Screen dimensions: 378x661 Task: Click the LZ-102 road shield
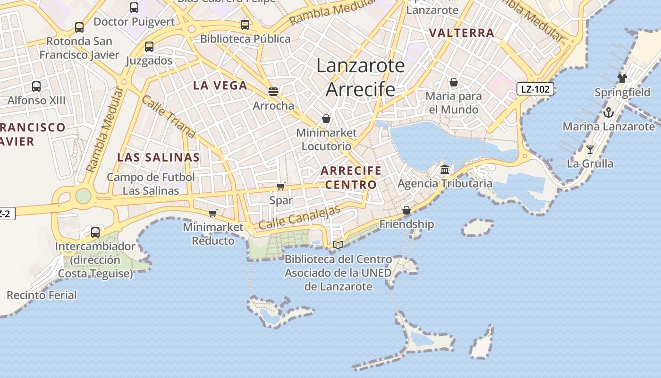535,89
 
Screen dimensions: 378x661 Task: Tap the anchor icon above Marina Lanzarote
609,112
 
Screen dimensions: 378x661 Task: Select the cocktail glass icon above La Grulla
590,150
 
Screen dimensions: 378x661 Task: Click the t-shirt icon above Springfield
622,78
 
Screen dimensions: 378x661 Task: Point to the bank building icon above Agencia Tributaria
445,169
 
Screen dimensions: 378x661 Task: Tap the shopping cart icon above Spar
280,187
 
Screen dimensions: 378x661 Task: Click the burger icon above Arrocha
273,91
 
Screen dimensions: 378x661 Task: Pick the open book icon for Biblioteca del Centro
338,245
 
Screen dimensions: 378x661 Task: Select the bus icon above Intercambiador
95,232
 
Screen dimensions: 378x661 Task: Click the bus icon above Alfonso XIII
36,86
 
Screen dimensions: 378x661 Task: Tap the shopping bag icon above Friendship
406,210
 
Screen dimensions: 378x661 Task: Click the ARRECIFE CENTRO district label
351,177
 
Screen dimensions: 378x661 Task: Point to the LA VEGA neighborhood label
220,86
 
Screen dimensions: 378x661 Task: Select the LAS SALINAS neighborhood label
159,157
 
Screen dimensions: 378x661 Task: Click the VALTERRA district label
462,33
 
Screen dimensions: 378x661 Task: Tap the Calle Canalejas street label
299,218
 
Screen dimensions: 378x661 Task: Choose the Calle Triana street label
168,117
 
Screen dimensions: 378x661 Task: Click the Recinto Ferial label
42,295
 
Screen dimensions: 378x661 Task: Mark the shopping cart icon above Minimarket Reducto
212,214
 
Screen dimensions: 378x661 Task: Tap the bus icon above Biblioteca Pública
245,25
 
